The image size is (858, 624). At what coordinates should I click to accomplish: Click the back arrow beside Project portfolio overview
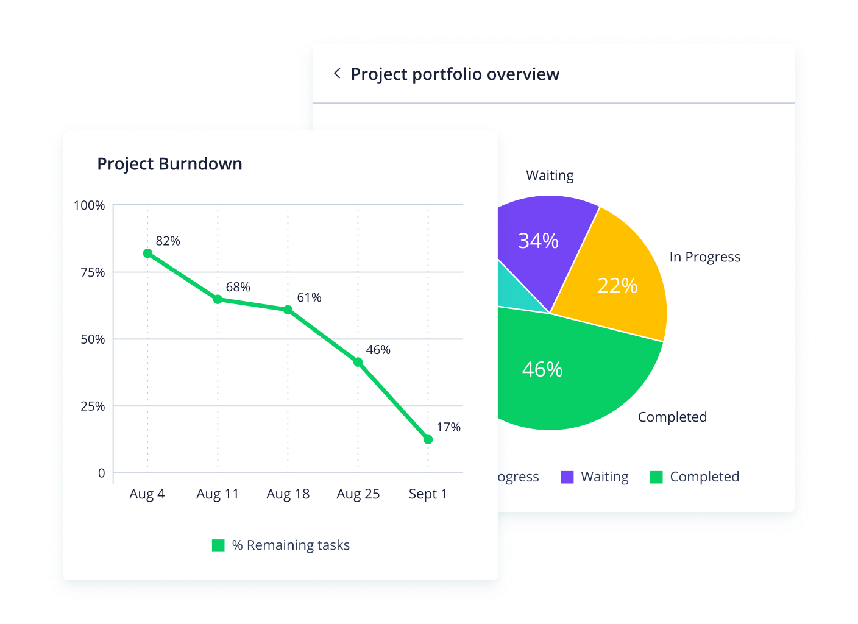tap(337, 74)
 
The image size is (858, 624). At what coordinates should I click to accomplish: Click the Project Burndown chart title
tap(169, 164)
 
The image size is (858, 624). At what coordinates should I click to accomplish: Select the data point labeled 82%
tap(147, 253)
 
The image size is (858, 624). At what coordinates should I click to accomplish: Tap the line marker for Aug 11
tap(218, 299)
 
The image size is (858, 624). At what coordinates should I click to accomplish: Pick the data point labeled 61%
tap(288, 310)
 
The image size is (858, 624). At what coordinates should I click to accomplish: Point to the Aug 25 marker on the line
tap(358, 362)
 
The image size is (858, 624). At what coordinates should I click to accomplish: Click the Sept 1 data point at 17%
tap(428, 439)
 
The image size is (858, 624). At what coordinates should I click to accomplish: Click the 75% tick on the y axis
tap(93, 272)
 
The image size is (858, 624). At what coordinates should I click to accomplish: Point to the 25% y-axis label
tap(93, 406)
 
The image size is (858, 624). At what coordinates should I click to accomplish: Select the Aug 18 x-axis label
tap(288, 494)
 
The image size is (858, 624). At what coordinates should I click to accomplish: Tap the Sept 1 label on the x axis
tap(428, 494)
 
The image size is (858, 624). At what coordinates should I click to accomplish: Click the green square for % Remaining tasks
tap(218, 545)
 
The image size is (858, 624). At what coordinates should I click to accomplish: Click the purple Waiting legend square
tap(567, 477)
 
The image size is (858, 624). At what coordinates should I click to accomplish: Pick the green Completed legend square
tap(656, 477)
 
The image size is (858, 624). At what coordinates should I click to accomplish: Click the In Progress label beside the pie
tap(704, 257)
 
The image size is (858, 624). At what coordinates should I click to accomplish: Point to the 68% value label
tap(238, 287)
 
